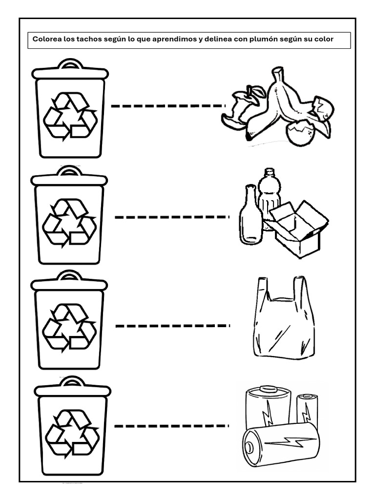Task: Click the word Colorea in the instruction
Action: pyautogui.click(x=47, y=39)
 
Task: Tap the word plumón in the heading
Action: pyautogui.click(x=266, y=39)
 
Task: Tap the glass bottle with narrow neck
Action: pyautogui.click(x=250, y=217)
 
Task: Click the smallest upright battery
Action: pyautogui.click(x=307, y=409)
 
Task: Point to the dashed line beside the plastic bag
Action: pyautogui.click(x=172, y=325)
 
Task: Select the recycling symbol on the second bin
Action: pyautogui.click(x=69, y=222)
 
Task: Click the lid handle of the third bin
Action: pyautogui.click(x=69, y=276)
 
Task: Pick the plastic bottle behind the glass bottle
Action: pyautogui.click(x=269, y=193)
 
